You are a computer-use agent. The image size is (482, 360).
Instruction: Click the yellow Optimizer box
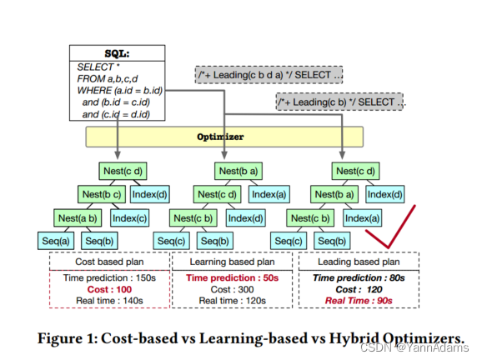(225, 137)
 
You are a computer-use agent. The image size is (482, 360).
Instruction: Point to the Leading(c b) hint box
(342, 102)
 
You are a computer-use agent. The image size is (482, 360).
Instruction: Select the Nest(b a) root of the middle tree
(238, 171)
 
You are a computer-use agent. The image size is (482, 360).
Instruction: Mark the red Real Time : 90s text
(359, 300)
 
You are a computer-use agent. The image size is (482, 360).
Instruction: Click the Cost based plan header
(108, 260)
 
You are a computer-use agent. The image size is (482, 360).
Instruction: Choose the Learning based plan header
(234, 260)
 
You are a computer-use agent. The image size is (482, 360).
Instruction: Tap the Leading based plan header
(359, 260)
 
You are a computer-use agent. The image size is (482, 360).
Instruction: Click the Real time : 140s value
(108, 300)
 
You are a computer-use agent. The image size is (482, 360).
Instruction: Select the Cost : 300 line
(233, 288)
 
